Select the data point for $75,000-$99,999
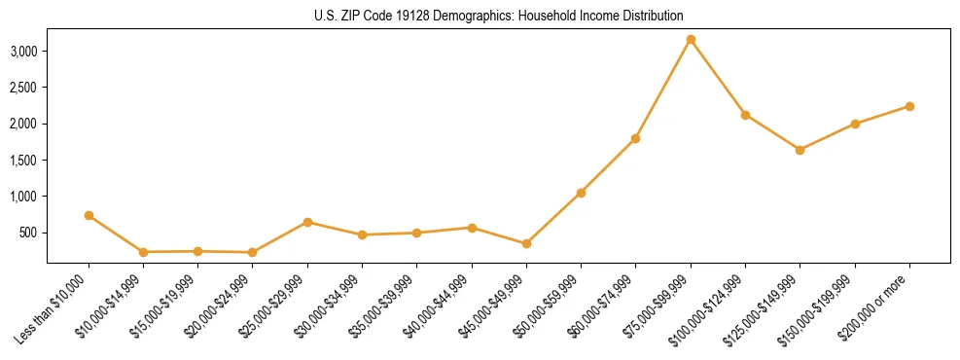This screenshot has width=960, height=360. (691, 40)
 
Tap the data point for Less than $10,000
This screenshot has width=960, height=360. (89, 215)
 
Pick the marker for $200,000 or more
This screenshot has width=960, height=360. (909, 106)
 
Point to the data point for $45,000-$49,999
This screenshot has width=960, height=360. (526, 243)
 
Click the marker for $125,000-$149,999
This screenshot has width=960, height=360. (800, 150)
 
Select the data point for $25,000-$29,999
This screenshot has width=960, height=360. (307, 222)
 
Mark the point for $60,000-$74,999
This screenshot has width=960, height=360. (635, 138)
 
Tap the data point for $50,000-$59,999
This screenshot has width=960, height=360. (581, 193)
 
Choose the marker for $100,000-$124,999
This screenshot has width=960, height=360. (745, 115)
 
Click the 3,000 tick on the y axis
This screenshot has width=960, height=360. (24, 51)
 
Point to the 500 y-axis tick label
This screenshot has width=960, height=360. (30, 233)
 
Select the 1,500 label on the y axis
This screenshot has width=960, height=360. (24, 160)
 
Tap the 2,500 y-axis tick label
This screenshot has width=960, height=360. (24, 88)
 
